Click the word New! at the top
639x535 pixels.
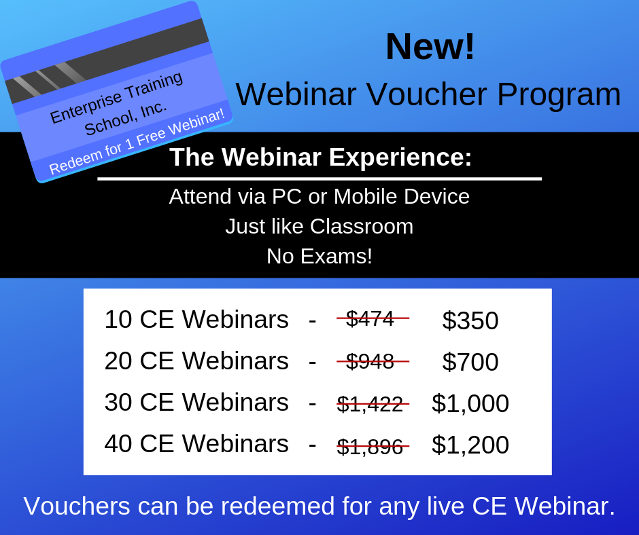[x=430, y=46]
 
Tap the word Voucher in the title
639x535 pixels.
[x=427, y=94]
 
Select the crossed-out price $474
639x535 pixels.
[x=370, y=318]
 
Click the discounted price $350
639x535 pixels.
[x=470, y=320]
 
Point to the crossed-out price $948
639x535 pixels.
[x=370, y=361]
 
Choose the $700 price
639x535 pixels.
[x=470, y=362]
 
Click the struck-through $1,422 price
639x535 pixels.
[x=370, y=404]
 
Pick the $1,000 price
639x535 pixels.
[x=470, y=403]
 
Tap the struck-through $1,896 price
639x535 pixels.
[x=370, y=447]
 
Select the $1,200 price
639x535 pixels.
[x=470, y=445]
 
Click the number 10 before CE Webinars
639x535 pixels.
[x=118, y=319]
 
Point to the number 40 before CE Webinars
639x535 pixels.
[x=118, y=443]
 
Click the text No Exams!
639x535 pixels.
[x=319, y=256]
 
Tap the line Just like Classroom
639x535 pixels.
[x=319, y=226]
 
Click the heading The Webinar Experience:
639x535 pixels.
[x=321, y=157]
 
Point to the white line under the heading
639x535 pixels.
[x=319, y=179]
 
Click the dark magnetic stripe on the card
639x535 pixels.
[x=107, y=61]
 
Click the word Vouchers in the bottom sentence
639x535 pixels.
[x=77, y=506]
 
